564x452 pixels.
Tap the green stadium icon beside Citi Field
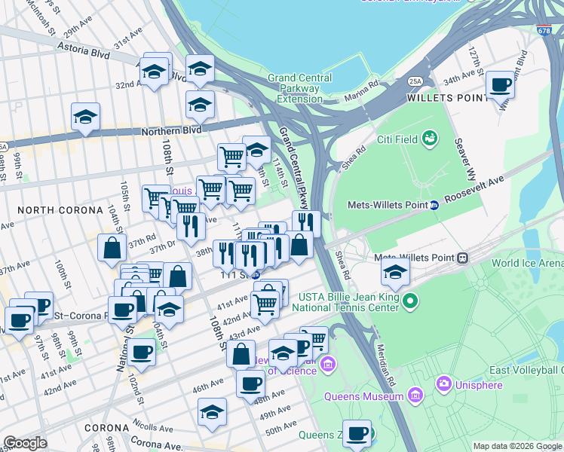coord(430,138)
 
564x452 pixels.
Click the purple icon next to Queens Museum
coord(415,395)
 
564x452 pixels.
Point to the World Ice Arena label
coord(527,263)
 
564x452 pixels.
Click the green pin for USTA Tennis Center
coord(409,302)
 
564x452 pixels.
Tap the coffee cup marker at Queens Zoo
coord(357,433)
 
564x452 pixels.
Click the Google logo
coord(26,443)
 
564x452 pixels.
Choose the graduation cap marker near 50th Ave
coord(213,412)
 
